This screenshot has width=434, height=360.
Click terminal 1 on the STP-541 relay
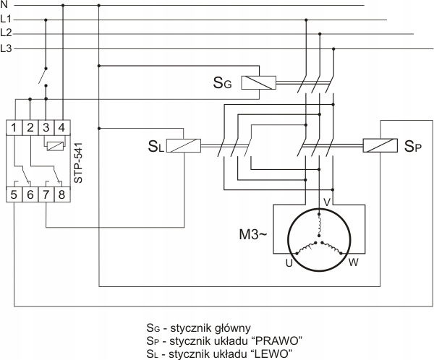coord(14,127)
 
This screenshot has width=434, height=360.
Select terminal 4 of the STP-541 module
coord(62,127)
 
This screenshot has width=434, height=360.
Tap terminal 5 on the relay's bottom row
coord(14,194)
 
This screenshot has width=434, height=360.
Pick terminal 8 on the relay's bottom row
coord(62,194)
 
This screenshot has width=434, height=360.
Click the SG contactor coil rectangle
coord(258,82)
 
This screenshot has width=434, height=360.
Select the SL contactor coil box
coord(184,145)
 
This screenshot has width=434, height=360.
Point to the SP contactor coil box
coord(380,145)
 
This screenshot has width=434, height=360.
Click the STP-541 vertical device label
coord(79,163)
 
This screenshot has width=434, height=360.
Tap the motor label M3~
coord(253,235)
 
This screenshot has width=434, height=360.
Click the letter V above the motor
coord(327,202)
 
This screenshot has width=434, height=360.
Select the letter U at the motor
coord(289,263)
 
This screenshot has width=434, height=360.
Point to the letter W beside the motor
coord(354,262)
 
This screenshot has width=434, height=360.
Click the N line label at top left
coord(4,5)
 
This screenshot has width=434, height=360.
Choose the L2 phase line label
coord(6,33)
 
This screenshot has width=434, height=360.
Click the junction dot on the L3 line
coord(333,49)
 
